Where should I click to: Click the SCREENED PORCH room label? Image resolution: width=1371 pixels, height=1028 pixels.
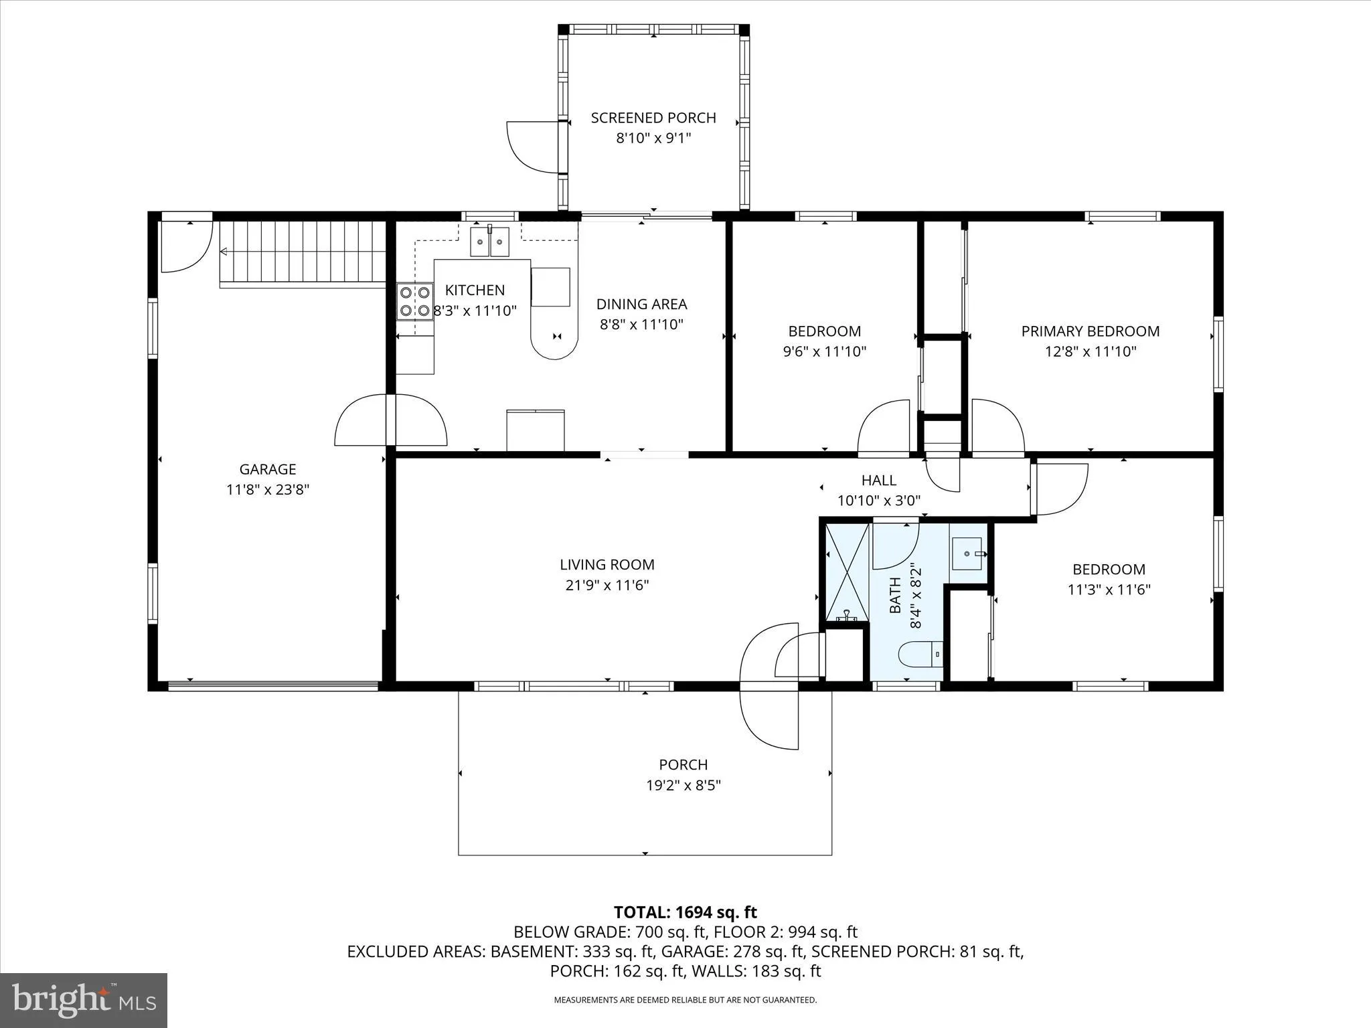[653, 118]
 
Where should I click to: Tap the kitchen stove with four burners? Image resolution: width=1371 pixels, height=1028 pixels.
[414, 301]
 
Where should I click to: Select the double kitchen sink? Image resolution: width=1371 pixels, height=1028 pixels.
[489, 242]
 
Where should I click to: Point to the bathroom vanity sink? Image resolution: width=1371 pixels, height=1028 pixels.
[967, 553]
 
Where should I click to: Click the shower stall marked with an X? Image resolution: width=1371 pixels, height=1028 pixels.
[847, 572]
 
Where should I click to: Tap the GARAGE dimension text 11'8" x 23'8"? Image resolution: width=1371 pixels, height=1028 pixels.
[268, 490]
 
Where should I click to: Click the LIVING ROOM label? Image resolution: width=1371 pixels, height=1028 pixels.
[607, 565]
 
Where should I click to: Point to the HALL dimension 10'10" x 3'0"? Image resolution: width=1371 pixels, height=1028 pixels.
[879, 501]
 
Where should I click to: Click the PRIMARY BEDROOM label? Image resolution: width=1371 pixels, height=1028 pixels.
[1090, 331]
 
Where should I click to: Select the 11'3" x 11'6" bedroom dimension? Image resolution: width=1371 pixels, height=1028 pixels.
[1109, 590]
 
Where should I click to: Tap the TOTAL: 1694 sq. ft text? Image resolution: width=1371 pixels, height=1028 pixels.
[685, 912]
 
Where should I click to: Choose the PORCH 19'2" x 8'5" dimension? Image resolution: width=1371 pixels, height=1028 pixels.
[683, 785]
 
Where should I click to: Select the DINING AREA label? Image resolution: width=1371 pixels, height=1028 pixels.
[641, 305]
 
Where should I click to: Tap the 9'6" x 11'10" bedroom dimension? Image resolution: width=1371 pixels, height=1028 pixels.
[824, 351]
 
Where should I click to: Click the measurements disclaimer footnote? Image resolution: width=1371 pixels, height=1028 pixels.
[685, 1000]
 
